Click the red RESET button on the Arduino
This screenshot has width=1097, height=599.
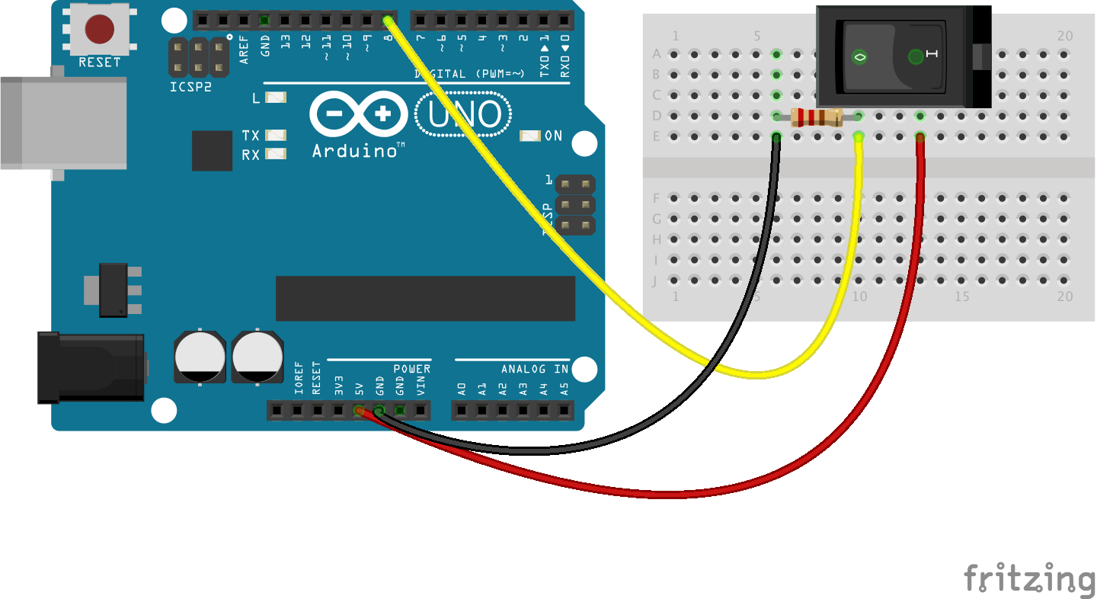(100, 29)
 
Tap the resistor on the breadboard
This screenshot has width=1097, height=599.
(817, 117)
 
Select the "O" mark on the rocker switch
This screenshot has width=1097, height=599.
(859, 56)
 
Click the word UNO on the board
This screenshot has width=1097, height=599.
(464, 114)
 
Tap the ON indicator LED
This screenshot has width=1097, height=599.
(530, 136)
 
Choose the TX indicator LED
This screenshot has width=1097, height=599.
(276, 135)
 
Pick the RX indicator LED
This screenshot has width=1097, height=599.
(276, 154)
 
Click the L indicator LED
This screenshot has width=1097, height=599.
(276, 98)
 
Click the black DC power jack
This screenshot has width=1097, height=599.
(91, 367)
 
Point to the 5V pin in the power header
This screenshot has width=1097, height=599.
(359, 411)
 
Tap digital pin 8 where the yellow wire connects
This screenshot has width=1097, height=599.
(388, 20)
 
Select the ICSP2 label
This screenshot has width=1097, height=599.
(190, 87)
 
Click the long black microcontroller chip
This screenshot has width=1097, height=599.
(425, 298)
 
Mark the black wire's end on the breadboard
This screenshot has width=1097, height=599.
(776, 137)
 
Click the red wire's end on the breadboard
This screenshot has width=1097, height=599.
(920, 137)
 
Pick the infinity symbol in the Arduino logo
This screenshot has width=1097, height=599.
(358, 115)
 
